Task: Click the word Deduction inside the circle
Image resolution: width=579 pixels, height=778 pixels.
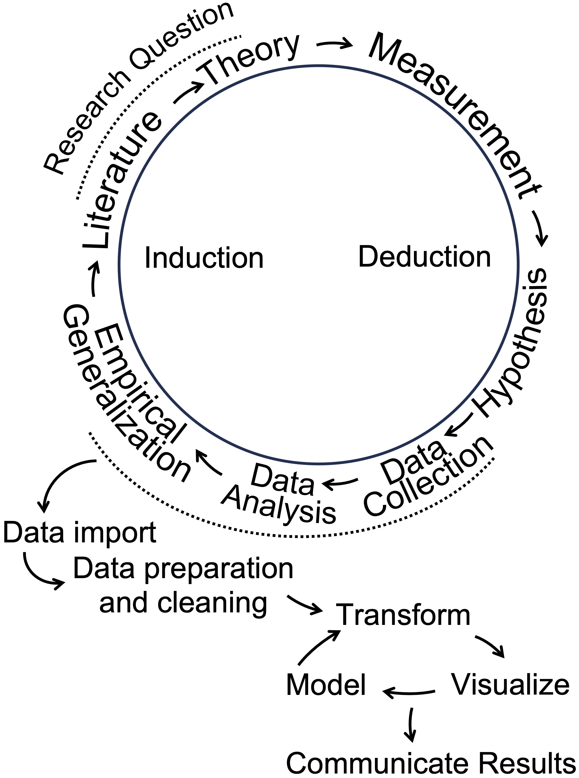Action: coord(424,257)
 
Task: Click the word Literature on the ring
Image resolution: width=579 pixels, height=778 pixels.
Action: coord(121,181)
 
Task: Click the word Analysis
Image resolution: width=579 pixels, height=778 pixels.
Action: coord(279,506)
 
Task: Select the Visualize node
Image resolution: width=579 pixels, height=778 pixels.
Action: coord(510,684)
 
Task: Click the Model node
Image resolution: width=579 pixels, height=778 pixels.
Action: coord(326,685)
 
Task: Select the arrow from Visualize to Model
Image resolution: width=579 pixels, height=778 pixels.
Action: coord(408,692)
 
